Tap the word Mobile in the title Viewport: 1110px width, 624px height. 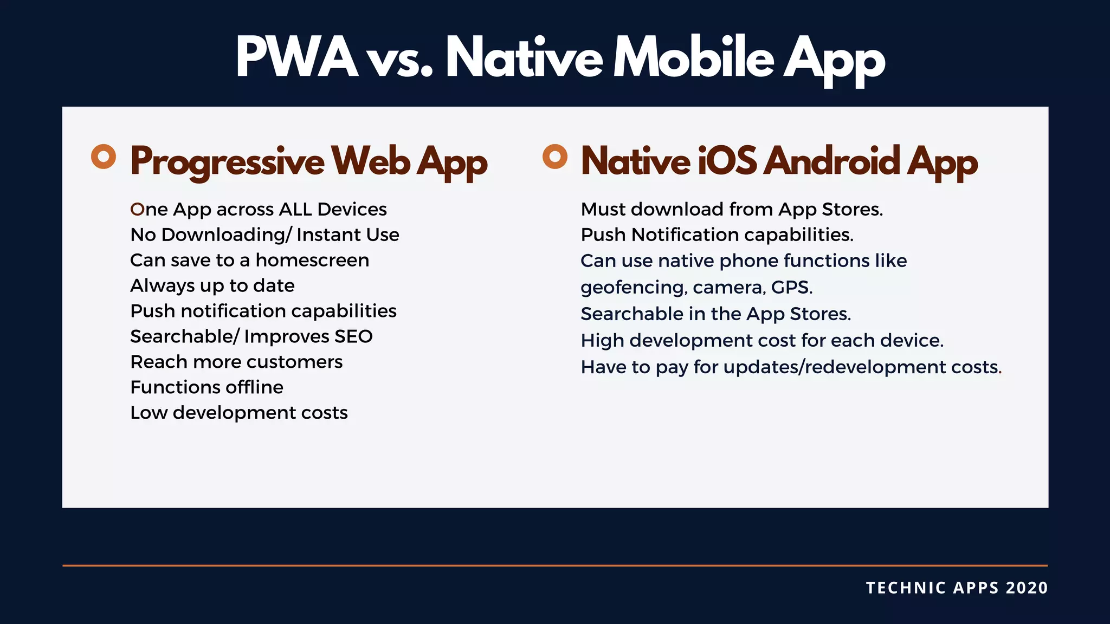pyautogui.click(x=693, y=57)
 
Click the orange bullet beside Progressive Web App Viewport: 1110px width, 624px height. pyautogui.click(x=104, y=157)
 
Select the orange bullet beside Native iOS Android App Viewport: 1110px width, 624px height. pyautogui.click(x=554, y=157)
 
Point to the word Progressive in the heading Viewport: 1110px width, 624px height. pyautogui.click(x=227, y=161)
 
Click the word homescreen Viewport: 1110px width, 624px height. pyautogui.click(x=312, y=260)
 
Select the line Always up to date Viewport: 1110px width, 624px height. pyautogui.click(x=212, y=285)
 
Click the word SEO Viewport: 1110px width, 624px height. pyautogui.click(x=353, y=336)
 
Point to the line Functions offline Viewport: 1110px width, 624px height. pyautogui.click(x=206, y=387)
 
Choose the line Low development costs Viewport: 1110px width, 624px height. pyautogui.click(x=239, y=413)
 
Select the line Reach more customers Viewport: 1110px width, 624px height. pyautogui.click(x=236, y=362)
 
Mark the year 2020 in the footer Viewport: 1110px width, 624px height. pyautogui.click(x=1027, y=588)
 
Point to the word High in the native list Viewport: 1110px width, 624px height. pyautogui.click(x=602, y=341)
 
